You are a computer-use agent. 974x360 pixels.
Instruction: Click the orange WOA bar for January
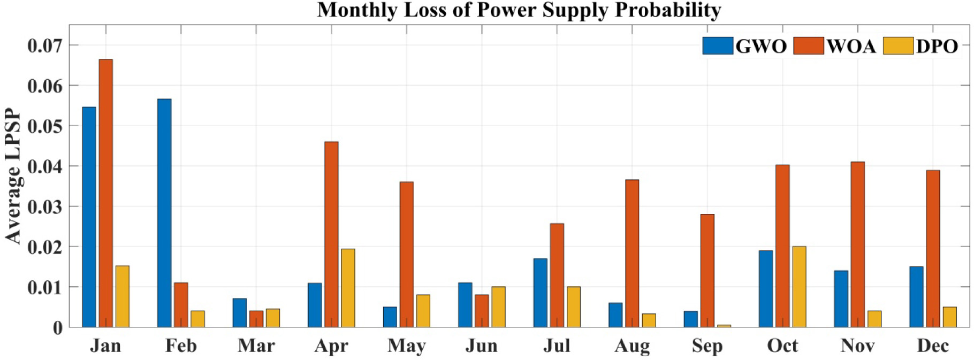coord(106,193)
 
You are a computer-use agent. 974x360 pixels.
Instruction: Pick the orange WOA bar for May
coord(407,255)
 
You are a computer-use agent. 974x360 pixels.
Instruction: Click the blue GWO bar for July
coord(541,293)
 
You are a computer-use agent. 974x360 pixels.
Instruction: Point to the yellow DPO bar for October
coord(799,287)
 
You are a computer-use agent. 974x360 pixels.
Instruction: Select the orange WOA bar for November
coord(858,244)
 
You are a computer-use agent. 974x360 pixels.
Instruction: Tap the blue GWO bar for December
coord(916,297)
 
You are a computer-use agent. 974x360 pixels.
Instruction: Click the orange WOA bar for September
coord(707,271)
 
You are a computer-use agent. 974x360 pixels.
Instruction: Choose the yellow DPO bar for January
coord(123,296)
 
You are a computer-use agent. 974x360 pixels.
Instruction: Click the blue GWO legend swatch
coord(718,46)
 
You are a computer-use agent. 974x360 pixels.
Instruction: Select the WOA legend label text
coord(851,47)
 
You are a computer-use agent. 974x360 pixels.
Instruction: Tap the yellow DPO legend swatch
coord(898,46)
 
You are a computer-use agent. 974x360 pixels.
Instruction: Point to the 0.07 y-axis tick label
coord(45,45)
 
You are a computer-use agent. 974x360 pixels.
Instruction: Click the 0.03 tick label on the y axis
coord(45,207)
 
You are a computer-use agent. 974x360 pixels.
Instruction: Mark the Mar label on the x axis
coord(256,346)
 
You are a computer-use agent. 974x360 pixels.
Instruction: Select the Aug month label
coord(632,346)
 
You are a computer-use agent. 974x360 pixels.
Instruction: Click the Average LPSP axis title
coord(13,177)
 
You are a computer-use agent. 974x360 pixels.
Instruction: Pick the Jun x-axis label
coord(482,346)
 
